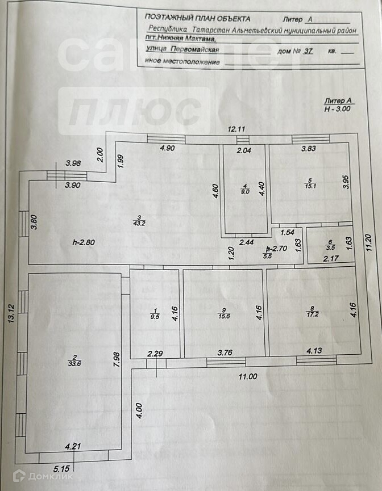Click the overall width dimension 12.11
(x=236, y=129)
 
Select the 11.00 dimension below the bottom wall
(x=248, y=376)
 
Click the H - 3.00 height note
(x=338, y=108)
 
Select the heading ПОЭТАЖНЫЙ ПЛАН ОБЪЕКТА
(x=197, y=18)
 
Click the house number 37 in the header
(x=309, y=51)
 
